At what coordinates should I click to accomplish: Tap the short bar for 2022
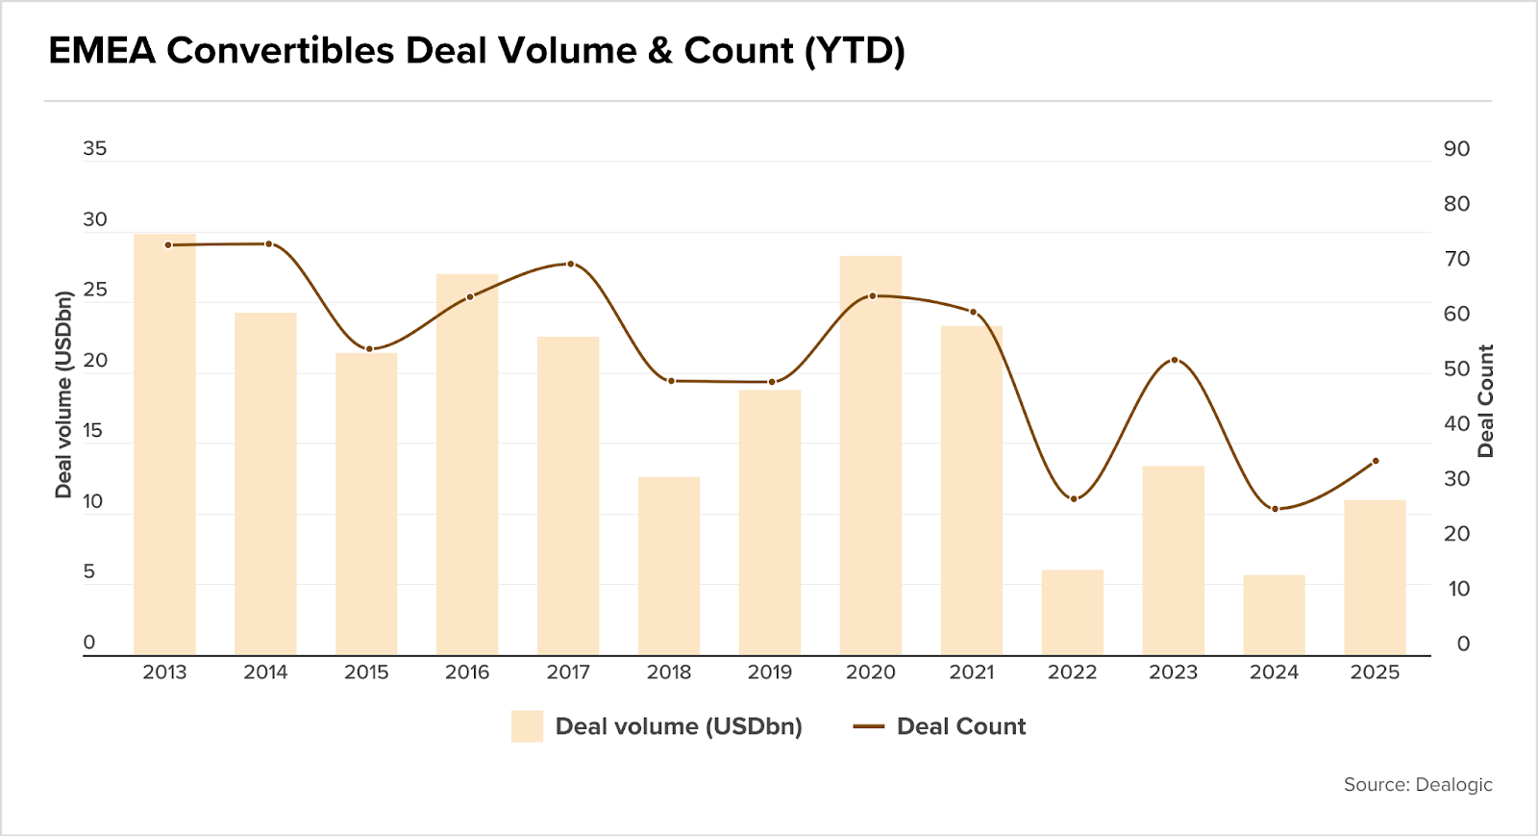click(x=1073, y=613)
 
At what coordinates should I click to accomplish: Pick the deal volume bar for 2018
click(x=669, y=566)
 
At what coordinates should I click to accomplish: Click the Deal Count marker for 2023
click(x=1175, y=360)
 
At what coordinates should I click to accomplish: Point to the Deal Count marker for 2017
click(x=570, y=264)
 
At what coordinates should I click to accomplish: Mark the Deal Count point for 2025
click(x=1376, y=461)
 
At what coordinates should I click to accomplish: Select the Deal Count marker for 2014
click(x=268, y=243)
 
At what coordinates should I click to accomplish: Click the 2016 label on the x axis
click(x=467, y=672)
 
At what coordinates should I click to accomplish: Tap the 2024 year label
click(x=1274, y=672)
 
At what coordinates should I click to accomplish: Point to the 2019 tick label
click(x=770, y=672)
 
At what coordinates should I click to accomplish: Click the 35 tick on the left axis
click(x=95, y=149)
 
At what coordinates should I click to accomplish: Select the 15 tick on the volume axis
click(x=93, y=431)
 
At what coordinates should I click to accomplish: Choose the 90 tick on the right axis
click(x=1456, y=149)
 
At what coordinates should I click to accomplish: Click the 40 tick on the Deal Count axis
click(x=1456, y=424)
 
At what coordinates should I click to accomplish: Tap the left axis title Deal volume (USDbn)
click(x=63, y=394)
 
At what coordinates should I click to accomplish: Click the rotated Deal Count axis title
click(x=1486, y=400)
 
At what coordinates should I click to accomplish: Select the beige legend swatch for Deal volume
click(x=527, y=726)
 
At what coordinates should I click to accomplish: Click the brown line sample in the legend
click(x=868, y=727)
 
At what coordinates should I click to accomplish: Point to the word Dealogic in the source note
click(x=1453, y=785)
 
